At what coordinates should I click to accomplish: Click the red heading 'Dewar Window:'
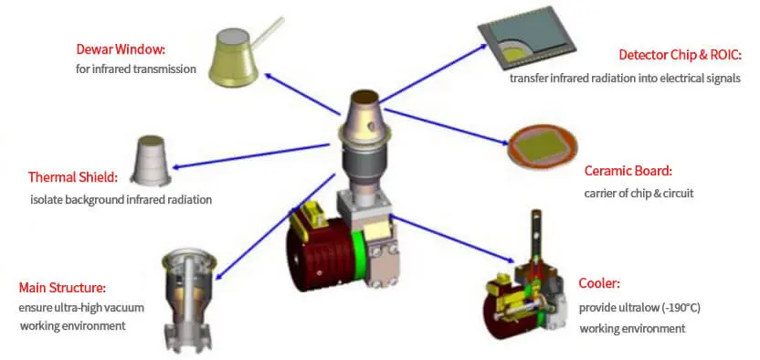point(121,49)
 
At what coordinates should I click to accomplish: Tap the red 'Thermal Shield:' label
point(73,177)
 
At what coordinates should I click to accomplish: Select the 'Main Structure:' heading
point(62,288)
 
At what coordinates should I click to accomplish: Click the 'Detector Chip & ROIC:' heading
point(681,55)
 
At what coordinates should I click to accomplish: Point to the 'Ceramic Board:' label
point(628,171)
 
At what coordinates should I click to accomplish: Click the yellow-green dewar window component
point(233,58)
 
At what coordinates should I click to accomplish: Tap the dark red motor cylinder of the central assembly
point(320,254)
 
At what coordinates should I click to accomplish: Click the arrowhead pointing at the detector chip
point(483,46)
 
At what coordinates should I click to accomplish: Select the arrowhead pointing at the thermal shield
point(176,167)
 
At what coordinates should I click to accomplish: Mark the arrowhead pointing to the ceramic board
point(504,142)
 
